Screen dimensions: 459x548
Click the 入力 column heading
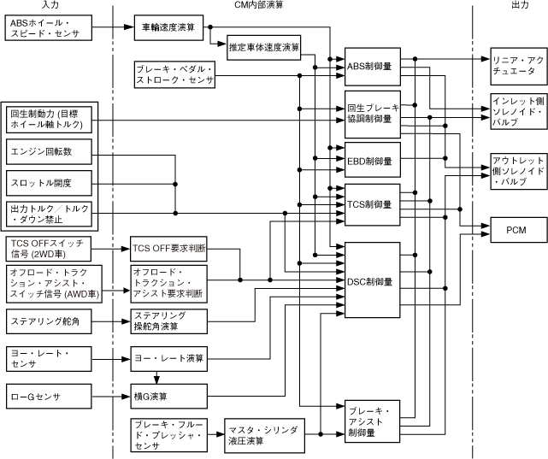click(x=50, y=6)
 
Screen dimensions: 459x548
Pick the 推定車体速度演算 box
click(x=264, y=48)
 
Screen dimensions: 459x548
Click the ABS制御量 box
click(x=372, y=65)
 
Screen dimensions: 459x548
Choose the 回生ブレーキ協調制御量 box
click(x=372, y=113)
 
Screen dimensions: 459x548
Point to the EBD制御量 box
click(x=372, y=160)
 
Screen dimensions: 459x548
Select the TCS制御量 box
click(x=372, y=203)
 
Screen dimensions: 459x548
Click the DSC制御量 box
click(x=372, y=281)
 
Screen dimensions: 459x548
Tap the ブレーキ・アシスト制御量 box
click(x=372, y=420)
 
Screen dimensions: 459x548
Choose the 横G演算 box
click(x=168, y=396)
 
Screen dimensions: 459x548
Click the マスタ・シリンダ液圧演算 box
click(x=264, y=434)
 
